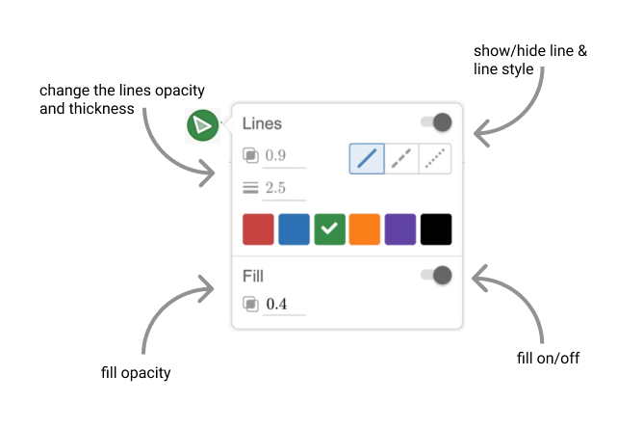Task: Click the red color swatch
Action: pos(258,229)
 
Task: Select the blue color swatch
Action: pos(294,229)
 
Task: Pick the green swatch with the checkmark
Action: pos(329,229)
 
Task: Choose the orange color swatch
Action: pos(365,229)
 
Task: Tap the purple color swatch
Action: pos(400,229)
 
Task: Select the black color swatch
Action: pos(436,229)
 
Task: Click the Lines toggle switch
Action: pos(437,122)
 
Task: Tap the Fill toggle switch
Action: pos(437,276)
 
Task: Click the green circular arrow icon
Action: pos(202,125)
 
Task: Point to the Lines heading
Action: pos(262,123)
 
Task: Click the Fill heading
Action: pos(252,277)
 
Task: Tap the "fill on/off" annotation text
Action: pos(548,359)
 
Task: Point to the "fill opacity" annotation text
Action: pos(136,372)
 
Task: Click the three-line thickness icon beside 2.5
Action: pos(250,187)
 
